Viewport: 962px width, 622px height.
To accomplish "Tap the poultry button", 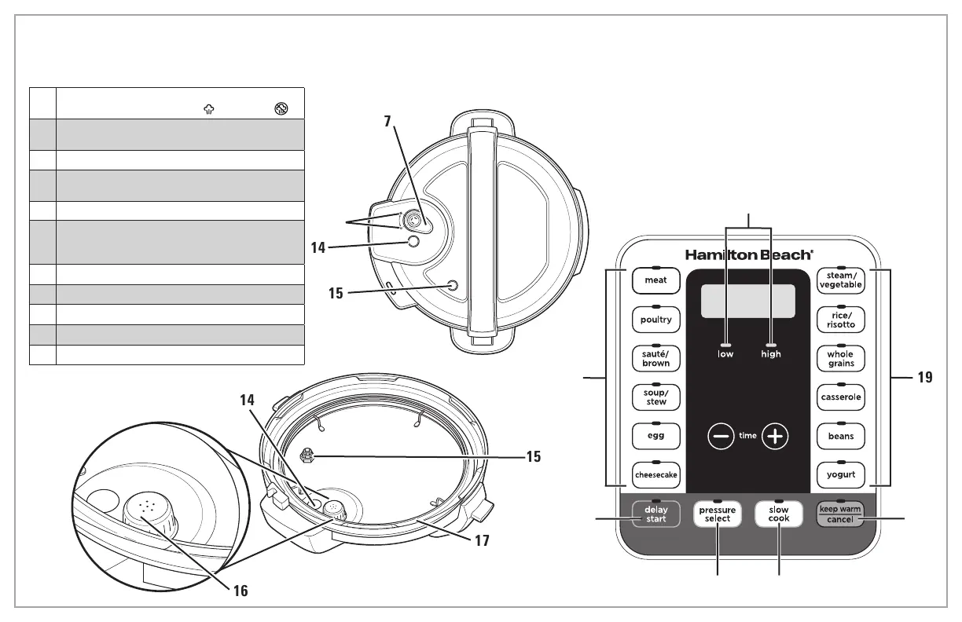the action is click(655, 320).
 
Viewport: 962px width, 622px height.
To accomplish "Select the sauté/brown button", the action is click(655, 358).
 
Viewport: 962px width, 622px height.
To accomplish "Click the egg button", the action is click(655, 436).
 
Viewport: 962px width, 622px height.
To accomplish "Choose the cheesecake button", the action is click(655, 475).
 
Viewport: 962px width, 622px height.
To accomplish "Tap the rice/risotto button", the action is click(840, 320).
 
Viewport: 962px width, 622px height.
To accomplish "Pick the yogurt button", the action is click(840, 475).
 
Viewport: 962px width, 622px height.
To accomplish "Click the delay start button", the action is click(655, 514).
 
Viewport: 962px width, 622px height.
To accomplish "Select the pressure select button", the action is click(718, 514).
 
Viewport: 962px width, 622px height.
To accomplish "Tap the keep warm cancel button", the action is click(840, 514).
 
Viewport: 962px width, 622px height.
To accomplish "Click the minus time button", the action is click(721, 436).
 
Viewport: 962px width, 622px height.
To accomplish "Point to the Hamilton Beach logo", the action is click(749, 255).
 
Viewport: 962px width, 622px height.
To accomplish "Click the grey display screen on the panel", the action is click(747, 301).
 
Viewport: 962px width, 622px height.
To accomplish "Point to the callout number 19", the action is click(925, 377).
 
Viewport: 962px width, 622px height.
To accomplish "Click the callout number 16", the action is click(240, 591).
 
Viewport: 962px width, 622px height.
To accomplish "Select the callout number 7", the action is click(387, 122).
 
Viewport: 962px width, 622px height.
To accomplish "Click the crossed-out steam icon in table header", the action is click(281, 108).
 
